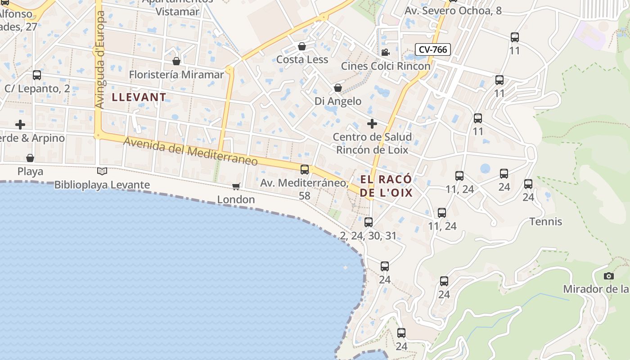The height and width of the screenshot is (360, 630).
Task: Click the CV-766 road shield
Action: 432,49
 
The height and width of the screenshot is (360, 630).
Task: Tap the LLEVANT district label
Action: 139,97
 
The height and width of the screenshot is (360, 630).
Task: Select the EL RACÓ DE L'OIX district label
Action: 386,186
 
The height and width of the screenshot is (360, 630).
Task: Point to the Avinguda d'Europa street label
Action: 100,60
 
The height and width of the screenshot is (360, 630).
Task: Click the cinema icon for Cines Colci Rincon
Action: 385,53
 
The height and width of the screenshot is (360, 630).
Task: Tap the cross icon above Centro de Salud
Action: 372,123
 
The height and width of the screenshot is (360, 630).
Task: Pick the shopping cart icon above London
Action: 236,186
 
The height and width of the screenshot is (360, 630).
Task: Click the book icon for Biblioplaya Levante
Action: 102,171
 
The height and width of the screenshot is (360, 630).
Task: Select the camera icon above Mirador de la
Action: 609,276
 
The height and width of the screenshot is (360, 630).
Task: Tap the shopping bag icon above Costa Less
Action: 302,46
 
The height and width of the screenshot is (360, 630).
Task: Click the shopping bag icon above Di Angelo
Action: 338,88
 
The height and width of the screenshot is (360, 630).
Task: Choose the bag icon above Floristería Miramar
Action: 176,61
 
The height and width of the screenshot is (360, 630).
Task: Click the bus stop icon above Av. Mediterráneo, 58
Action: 305,169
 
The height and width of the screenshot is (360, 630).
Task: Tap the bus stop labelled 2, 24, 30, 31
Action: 369,222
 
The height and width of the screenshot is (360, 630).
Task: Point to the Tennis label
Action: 546,221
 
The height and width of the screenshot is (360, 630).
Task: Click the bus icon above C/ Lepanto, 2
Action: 37,75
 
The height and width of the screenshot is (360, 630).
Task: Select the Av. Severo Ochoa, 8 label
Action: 453,10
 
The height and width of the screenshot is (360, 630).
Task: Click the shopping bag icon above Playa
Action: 30,158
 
